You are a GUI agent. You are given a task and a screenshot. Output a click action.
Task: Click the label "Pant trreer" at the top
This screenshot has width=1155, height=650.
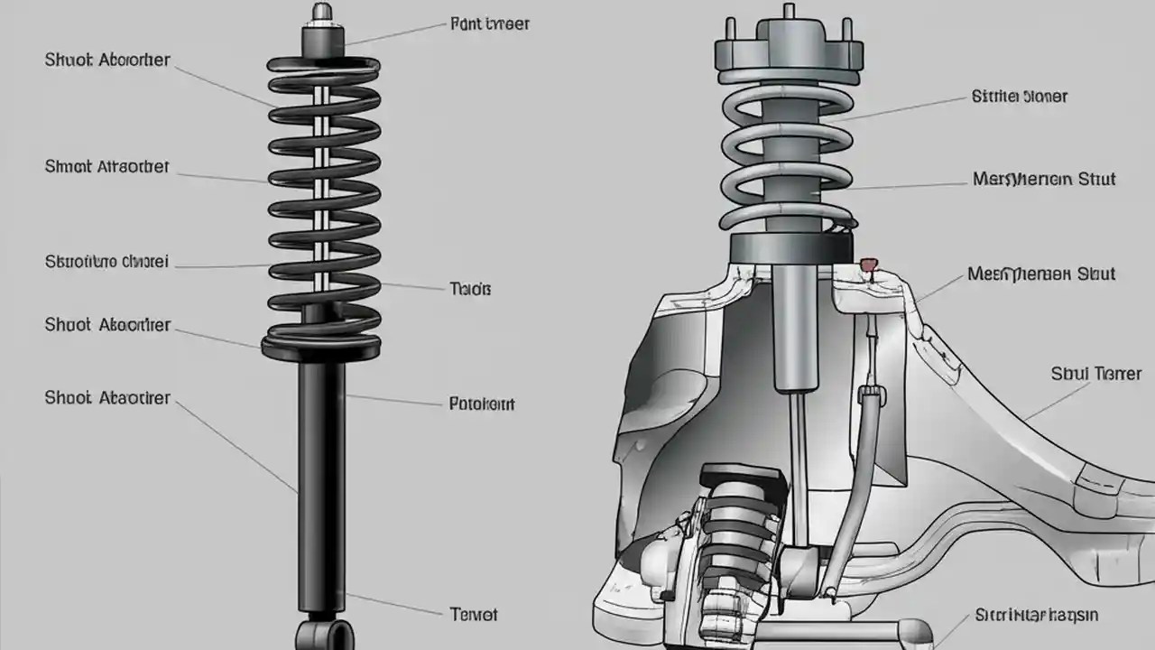coord(489,24)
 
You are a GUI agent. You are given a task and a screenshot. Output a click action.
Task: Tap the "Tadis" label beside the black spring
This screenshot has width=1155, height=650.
coord(470,290)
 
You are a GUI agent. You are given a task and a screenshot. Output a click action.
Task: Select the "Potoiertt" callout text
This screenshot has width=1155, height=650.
coord(482,404)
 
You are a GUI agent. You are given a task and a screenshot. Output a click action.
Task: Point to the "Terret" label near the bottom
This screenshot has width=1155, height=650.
coord(473,615)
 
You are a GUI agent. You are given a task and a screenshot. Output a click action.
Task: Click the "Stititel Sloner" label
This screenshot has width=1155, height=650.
coord(1020,96)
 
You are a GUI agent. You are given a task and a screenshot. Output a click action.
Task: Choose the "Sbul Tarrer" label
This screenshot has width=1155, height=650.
coord(1096,374)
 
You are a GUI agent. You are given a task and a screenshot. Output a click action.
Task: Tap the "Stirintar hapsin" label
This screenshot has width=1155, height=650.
coord(1037,616)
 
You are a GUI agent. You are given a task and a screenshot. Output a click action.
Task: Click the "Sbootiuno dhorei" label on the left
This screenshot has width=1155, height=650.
coord(106,263)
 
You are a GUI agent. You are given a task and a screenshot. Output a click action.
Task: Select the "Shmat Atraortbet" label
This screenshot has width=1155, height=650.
coord(106,167)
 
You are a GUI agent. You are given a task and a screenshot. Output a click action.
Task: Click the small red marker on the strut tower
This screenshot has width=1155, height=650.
coord(868,265)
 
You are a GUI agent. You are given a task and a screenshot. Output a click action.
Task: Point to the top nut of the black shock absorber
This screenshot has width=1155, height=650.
coord(322,14)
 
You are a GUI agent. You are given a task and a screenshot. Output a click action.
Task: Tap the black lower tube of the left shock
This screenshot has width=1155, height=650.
coord(321,478)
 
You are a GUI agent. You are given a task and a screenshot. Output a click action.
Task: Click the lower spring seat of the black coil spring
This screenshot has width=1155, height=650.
coord(321,345)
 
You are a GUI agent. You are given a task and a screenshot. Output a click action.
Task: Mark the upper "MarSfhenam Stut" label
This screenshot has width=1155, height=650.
coord(1044,179)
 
